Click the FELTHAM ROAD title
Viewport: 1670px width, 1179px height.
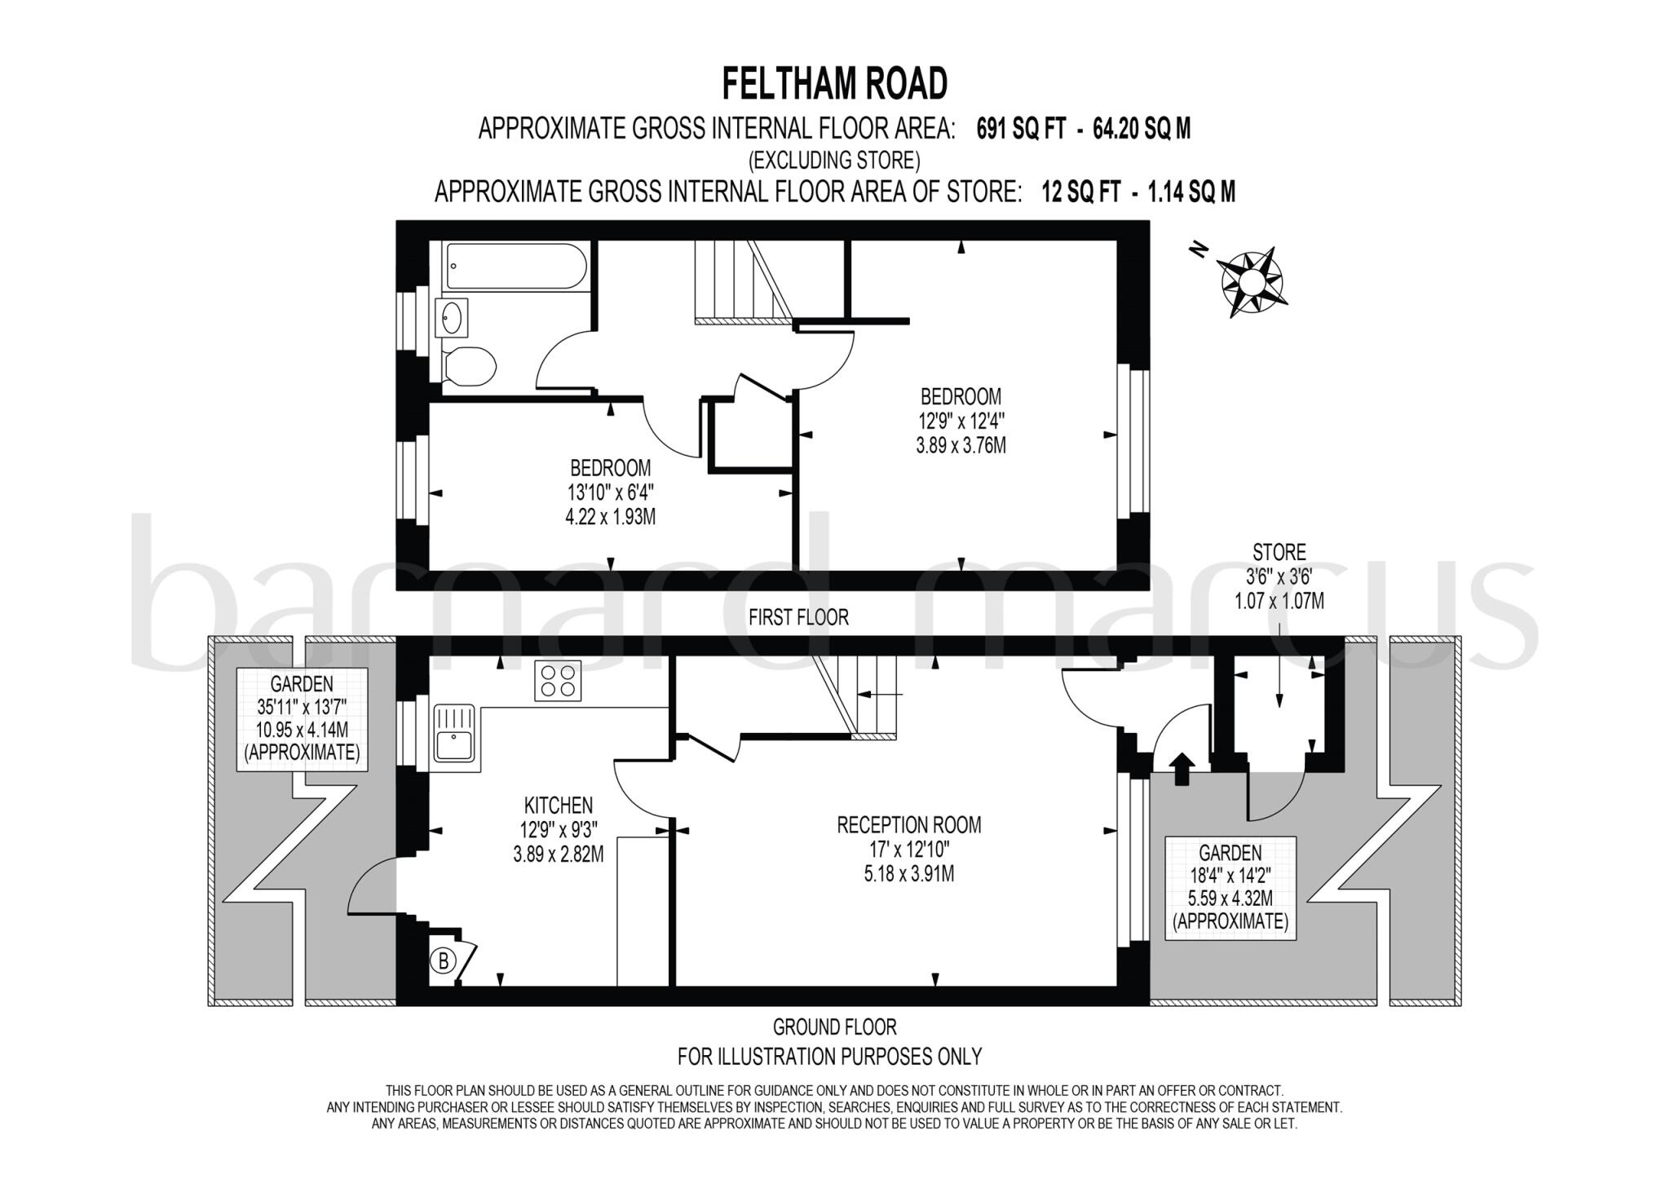[834, 83]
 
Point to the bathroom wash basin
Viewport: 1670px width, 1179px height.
[452, 317]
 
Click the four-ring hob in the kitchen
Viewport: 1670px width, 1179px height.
[559, 680]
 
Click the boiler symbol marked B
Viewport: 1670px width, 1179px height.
[444, 961]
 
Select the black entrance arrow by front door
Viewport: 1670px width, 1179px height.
[1182, 768]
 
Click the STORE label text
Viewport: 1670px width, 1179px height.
[1279, 552]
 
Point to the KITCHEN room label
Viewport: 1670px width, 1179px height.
[558, 806]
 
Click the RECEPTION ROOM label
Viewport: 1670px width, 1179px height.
[908, 824]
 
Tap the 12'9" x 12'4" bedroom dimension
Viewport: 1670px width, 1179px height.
[961, 422]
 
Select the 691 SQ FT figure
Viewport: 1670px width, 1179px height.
[1021, 129]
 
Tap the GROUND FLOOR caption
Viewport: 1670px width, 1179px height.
[834, 1027]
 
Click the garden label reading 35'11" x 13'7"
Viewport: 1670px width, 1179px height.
[302, 706]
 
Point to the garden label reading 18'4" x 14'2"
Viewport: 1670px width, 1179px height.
[1230, 876]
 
